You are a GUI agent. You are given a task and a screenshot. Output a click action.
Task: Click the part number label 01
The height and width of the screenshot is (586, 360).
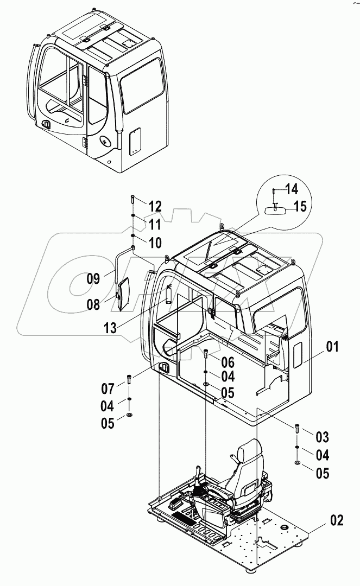[332, 347]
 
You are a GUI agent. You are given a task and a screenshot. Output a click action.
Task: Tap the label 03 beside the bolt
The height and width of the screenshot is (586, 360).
[322, 437]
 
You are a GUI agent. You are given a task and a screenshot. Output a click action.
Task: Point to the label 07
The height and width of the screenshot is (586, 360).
[108, 388]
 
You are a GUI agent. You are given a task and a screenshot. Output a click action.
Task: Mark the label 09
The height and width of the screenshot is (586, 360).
[93, 279]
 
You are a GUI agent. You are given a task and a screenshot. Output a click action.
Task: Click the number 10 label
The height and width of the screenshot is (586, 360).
[155, 243]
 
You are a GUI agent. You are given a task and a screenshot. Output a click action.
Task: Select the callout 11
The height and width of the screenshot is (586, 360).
[155, 224]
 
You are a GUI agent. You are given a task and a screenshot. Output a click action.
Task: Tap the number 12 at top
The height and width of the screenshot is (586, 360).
[155, 206]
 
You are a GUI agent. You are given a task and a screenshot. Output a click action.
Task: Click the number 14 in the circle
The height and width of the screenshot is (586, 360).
[292, 189]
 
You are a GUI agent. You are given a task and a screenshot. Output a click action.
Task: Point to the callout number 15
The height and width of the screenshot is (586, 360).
[300, 206]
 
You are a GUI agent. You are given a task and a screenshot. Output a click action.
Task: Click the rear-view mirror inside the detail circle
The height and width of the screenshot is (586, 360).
[277, 209]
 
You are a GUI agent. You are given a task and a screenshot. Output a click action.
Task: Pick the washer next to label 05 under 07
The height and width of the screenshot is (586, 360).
[129, 415]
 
